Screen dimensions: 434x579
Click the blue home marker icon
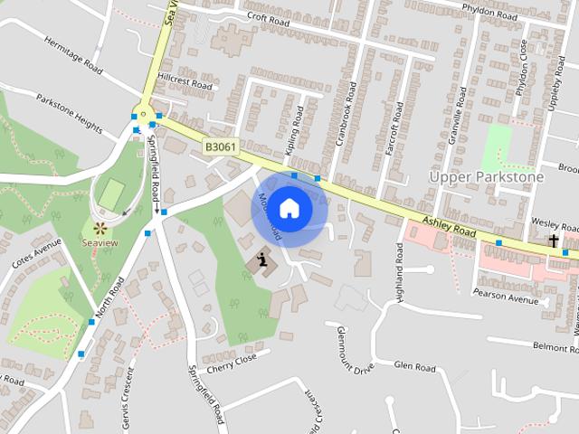click(x=289, y=209)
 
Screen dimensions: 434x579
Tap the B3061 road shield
click(x=220, y=146)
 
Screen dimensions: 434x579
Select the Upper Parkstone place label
click(x=487, y=176)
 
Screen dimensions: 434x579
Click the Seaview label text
click(x=100, y=243)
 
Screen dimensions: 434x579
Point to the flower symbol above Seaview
click(x=100, y=228)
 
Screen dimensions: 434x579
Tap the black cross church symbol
click(x=553, y=241)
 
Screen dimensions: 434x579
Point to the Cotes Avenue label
click(x=34, y=256)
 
